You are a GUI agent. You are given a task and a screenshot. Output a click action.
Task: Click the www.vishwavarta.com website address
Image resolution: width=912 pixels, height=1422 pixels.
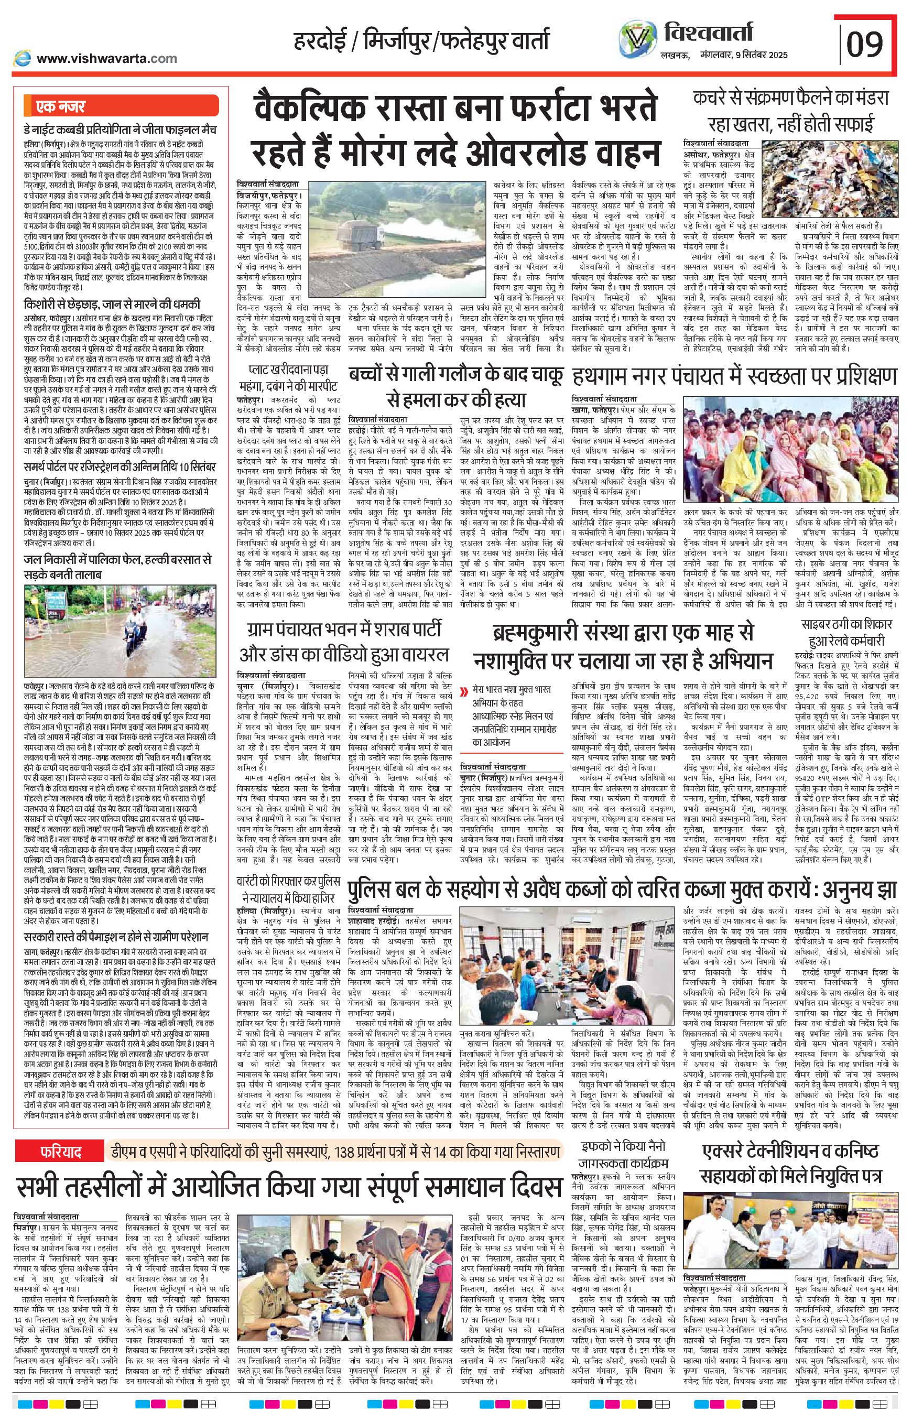pos(106,58)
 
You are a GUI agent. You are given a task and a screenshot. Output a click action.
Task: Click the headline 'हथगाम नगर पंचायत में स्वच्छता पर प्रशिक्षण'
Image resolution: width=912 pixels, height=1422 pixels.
pos(734,377)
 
